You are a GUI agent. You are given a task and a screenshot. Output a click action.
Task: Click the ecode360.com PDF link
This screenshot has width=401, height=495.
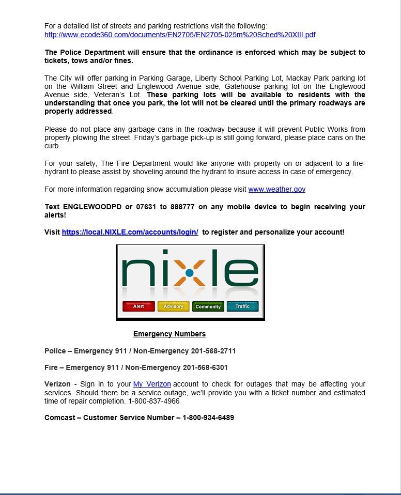(x=180, y=35)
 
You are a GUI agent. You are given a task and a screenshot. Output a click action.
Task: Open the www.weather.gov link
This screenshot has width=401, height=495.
(x=276, y=189)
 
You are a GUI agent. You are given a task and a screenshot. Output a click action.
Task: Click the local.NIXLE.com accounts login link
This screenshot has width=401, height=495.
(x=130, y=232)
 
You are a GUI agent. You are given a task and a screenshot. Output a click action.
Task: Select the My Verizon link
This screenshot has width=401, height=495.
(x=152, y=384)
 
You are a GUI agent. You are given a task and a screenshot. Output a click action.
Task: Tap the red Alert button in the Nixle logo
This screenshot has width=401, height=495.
(x=138, y=306)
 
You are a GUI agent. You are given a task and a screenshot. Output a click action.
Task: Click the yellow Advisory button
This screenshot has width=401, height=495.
(x=173, y=306)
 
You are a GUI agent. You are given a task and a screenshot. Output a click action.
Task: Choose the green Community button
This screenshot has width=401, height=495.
(x=208, y=306)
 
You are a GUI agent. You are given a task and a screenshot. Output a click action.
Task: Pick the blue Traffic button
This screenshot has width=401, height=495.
(x=242, y=306)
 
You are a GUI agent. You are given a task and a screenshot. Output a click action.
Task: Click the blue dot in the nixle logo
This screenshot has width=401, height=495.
(x=190, y=272)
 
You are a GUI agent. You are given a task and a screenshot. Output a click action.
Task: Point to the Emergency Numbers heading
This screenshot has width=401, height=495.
(x=169, y=334)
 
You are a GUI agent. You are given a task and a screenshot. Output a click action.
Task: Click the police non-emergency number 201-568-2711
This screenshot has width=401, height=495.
(x=213, y=351)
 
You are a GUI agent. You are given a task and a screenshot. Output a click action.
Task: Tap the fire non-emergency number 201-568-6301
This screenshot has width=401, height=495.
(x=205, y=367)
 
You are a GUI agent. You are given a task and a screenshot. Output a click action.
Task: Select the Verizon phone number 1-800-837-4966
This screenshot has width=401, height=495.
(x=154, y=401)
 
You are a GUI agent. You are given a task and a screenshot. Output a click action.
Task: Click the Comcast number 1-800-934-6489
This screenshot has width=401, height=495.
(x=208, y=417)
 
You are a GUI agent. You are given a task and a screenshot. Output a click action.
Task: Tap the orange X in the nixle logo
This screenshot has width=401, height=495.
(x=190, y=273)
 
